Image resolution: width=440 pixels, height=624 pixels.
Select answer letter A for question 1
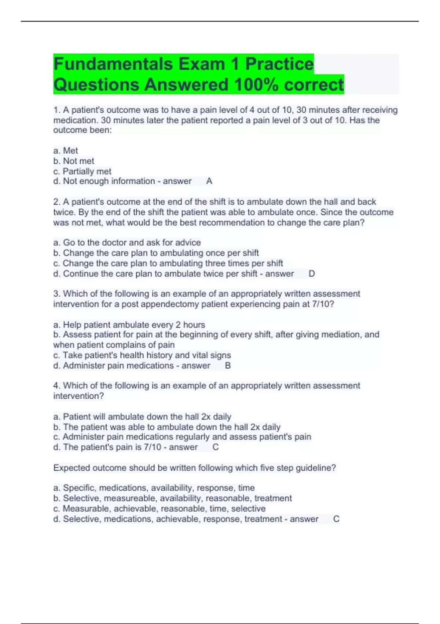209,181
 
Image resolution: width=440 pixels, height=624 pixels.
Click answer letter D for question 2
312,273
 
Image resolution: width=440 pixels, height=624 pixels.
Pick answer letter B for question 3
228,366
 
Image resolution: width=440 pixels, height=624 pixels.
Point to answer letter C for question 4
216,447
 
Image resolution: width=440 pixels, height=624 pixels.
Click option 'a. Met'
66,150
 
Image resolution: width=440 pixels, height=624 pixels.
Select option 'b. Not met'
74,161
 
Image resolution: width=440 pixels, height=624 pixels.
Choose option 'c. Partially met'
82,171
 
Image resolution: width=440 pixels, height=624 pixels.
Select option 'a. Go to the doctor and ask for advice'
127,242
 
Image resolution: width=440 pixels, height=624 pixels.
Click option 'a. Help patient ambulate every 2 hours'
129,324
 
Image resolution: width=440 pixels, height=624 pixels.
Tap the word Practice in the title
279,64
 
